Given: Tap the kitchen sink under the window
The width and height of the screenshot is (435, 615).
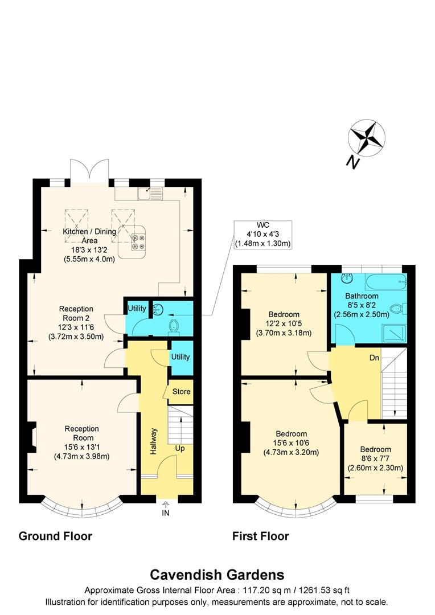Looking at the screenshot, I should coord(149,195).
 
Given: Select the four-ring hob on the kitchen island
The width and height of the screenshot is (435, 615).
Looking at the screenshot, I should coord(138,243).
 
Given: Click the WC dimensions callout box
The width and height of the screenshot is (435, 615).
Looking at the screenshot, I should coord(263,235).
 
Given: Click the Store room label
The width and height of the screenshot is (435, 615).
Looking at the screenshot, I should coord(182,392).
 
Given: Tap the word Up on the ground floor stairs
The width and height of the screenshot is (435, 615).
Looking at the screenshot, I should coord(180,448).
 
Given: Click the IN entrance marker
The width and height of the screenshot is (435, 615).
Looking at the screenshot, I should coord(166,511).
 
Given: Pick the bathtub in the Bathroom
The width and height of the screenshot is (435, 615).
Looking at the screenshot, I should coord(385,281).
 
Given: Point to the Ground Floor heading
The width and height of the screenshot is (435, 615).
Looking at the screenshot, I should coord(55,536).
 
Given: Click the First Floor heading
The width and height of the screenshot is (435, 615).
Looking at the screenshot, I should coord(260,536).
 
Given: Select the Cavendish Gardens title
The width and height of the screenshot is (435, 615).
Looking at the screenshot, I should coord(217,575).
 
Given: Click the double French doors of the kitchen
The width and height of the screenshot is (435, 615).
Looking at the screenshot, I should coord(89,170).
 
